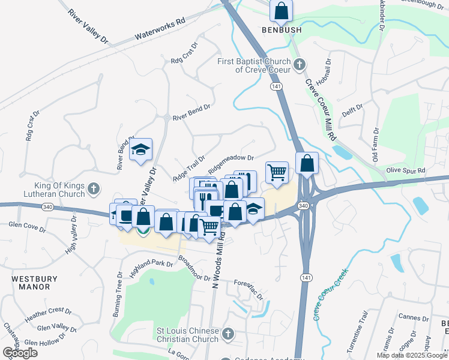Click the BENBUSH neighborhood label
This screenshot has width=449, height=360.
pyautogui.click(x=280, y=29)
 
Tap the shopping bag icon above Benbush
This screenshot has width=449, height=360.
pyautogui.click(x=280, y=11)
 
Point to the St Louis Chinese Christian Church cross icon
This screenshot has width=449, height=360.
pyautogui.click(x=227, y=333)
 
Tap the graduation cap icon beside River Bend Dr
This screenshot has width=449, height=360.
pyautogui.click(x=140, y=150)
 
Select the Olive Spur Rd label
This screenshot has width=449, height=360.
pyautogui.click(x=405, y=171)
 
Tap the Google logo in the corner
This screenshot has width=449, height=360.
pyautogui.click(x=20, y=353)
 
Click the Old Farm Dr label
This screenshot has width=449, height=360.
pyautogui.click(x=376, y=144)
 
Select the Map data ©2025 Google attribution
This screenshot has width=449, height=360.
pyautogui.click(x=412, y=355)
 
